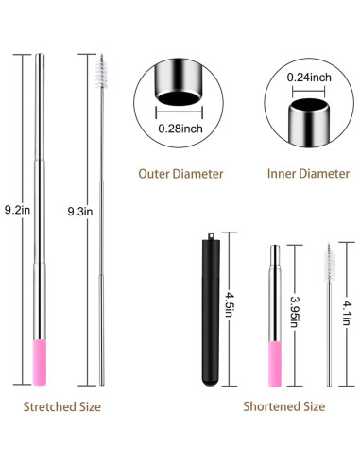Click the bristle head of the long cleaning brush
(103, 70)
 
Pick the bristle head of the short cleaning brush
(328, 259)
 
